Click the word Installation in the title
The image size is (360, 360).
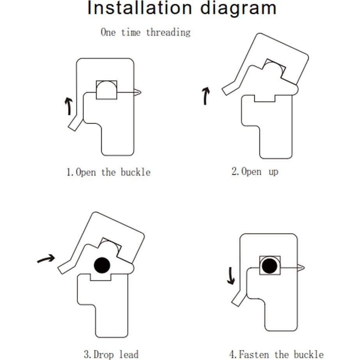[x=139, y=9]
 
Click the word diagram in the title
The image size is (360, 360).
[x=238, y=9]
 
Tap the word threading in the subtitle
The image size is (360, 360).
[x=168, y=32]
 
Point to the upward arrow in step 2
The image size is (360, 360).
[x=206, y=96]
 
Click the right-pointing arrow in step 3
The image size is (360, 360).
[x=46, y=259]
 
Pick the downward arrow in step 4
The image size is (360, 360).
[x=231, y=275]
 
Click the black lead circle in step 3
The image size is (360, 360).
[x=102, y=266]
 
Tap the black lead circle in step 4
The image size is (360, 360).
[x=270, y=266]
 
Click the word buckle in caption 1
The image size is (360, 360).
[x=135, y=172]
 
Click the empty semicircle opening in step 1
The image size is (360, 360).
[x=106, y=91]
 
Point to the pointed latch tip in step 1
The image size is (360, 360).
[x=138, y=92]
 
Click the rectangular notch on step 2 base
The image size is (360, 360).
[x=264, y=98]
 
